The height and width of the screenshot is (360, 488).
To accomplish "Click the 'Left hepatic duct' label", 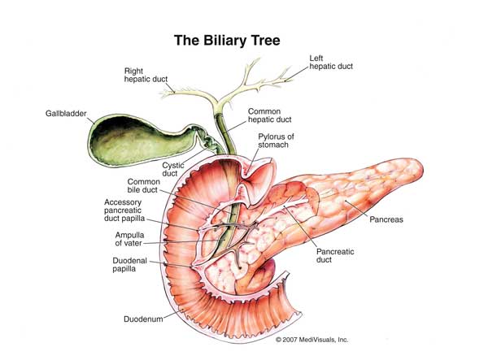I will [333, 63].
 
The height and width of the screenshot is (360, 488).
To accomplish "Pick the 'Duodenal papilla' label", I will [129, 265].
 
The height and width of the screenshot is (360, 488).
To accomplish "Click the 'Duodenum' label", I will [143, 319].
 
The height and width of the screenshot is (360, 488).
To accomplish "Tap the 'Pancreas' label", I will [386, 219].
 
